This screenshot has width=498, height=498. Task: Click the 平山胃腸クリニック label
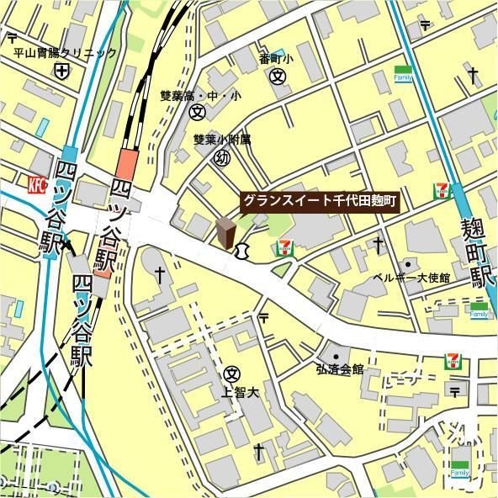(x=64, y=53)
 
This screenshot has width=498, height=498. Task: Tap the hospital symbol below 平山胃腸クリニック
(x=62, y=72)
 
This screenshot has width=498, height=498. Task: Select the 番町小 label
(x=275, y=60)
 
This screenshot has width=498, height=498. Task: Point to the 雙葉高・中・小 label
(x=200, y=96)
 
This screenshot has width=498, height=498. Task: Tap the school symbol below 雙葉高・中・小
(x=198, y=111)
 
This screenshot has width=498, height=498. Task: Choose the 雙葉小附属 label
(x=222, y=140)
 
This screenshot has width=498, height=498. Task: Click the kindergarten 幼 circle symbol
(x=222, y=158)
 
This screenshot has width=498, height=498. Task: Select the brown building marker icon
(x=225, y=234)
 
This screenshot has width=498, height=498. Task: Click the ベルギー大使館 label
(x=411, y=278)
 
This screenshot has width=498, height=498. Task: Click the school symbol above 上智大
(x=233, y=373)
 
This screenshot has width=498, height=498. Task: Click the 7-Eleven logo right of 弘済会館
(x=454, y=361)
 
